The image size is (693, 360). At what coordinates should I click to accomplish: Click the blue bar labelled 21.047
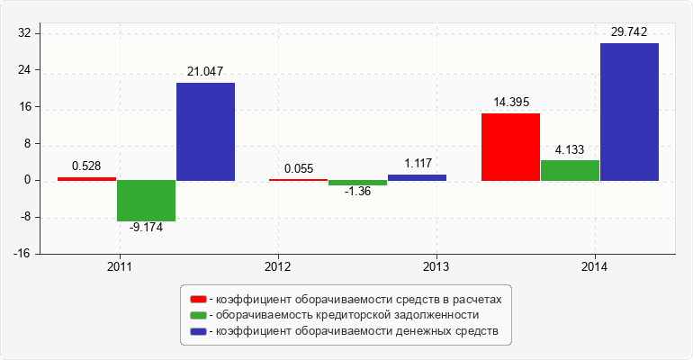coord(205,131)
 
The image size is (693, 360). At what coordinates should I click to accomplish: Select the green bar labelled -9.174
coord(146,201)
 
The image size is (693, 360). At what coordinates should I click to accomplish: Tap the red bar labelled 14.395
coord(510,147)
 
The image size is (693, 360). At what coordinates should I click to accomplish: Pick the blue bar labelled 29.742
coord(629,112)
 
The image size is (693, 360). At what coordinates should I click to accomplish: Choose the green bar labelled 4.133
coord(570,170)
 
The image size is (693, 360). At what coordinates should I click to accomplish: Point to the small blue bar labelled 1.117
coord(417,177)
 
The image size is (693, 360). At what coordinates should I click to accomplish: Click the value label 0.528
coord(85,166)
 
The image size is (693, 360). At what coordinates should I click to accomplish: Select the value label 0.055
coord(299,168)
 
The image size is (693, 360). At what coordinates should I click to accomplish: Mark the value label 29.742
coord(629,31)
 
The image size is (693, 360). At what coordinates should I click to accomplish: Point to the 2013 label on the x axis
coord(436,267)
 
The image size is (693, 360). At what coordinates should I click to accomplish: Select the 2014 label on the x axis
coord(594,267)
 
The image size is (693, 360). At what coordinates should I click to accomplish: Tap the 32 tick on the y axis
coord(24,33)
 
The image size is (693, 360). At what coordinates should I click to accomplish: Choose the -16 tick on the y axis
coord(22,254)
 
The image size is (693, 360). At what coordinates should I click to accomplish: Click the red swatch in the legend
coord(197,298)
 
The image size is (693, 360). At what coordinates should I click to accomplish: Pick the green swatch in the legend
coord(197,315)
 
